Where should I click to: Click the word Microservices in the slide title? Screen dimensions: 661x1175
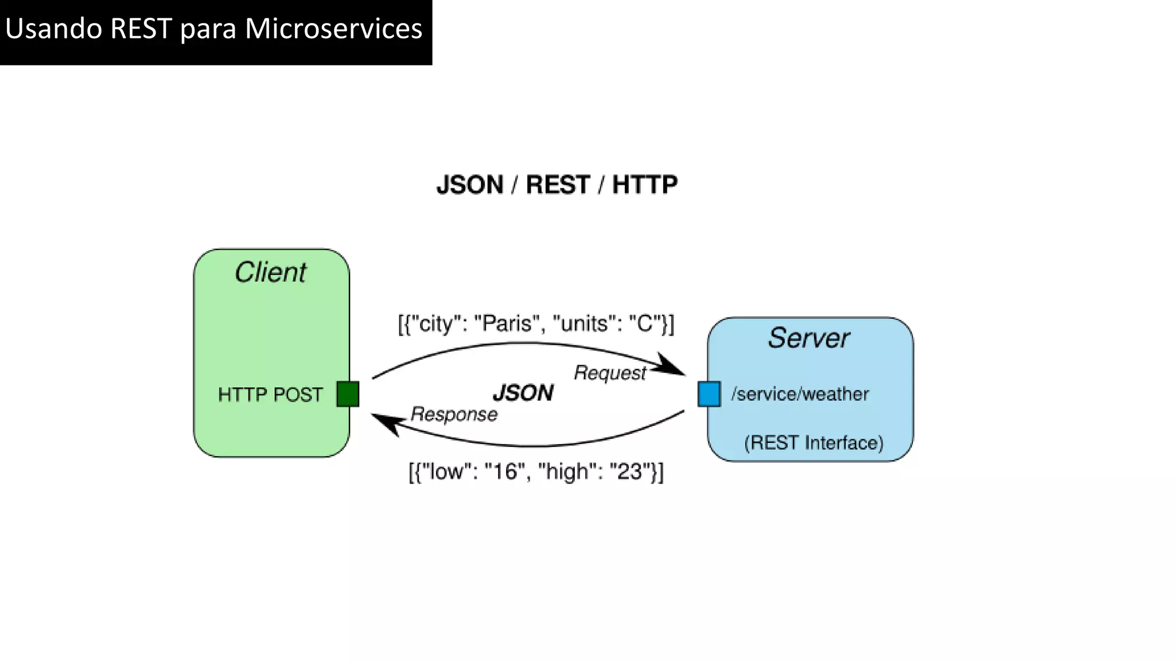pyautogui.click(x=333, y=29)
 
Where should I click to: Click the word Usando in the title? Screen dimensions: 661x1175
pyautogui.click(x=54, y=29)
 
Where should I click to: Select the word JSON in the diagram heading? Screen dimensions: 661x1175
pyautogui.click(x=470, y=185)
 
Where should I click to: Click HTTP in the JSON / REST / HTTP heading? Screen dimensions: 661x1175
pyautogui.click(x=644, y=185)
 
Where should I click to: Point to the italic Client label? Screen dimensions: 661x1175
pyautogui.click(x=270, y=272)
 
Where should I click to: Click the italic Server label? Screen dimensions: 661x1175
pyautogui.click(x=808, y=337)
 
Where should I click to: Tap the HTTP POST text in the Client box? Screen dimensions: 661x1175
pyautogui.click(x=270, y=395)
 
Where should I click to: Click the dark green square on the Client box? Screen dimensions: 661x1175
pyautogui.click(x=348, y=394)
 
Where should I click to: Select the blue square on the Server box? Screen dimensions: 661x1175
pyautogui.click(x=709, y=394)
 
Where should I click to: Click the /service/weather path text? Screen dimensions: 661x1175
pyautogui.click(x=800, y=394)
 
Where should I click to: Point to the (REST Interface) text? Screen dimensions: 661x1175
pyautogui.click(x=814, y=443)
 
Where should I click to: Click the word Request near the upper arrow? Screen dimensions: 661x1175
pyautogui.click(x=610, y=373)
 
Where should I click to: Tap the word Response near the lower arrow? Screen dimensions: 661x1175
pyautogui.click(x=454, y=414)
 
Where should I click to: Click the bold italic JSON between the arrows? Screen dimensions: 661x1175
pyautogui.click(x=523, y=393)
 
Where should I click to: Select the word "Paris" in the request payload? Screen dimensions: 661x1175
pyautogui.click(x=507, y=324)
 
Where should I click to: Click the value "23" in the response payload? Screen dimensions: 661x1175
pyautogui.click(x=629, y=472)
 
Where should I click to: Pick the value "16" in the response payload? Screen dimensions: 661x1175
pyautogui.click(x=505, y=472)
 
